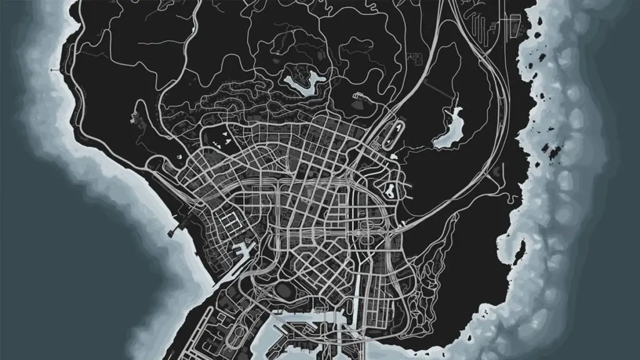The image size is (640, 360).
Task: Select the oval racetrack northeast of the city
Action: click(x=396, y=134)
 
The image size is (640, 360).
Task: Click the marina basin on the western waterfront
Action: click(x=243, y=253)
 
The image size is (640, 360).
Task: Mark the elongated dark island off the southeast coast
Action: click(x=551, y=149)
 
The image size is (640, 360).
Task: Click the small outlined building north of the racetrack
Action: click(x=361, y=97)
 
